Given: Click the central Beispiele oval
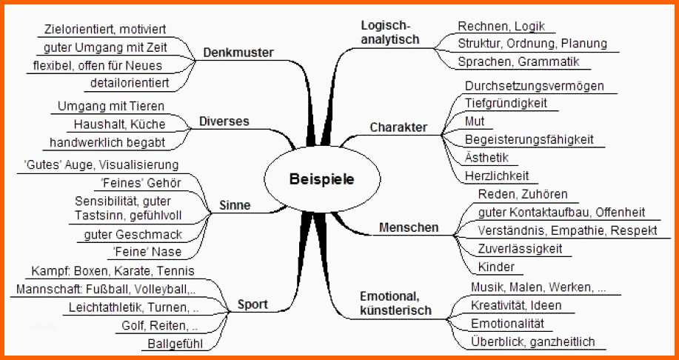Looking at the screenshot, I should (x=321, y=179).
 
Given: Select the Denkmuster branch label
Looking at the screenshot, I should (x=238, y=53).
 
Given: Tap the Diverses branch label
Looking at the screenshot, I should (x=224, y=121).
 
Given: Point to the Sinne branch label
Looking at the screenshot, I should (x=235, y=205).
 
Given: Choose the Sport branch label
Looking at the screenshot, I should (x=252, y=304).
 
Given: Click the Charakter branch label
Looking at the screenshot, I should (x=398, y=127).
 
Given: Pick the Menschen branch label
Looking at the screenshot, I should (x=409, y=227).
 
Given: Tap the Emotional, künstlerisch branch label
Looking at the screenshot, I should (x=395, y=304).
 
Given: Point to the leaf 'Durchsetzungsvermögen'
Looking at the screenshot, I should (x=534, y=86).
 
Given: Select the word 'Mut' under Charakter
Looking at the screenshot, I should (x=475, y=121).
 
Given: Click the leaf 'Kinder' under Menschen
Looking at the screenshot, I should (x=496, y=267).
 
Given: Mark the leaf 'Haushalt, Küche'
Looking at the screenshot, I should (x=120, y=124).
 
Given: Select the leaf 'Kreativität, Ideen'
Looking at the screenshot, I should (x=516, y=305).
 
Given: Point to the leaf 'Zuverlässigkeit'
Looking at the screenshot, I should (x=521, y=248).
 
